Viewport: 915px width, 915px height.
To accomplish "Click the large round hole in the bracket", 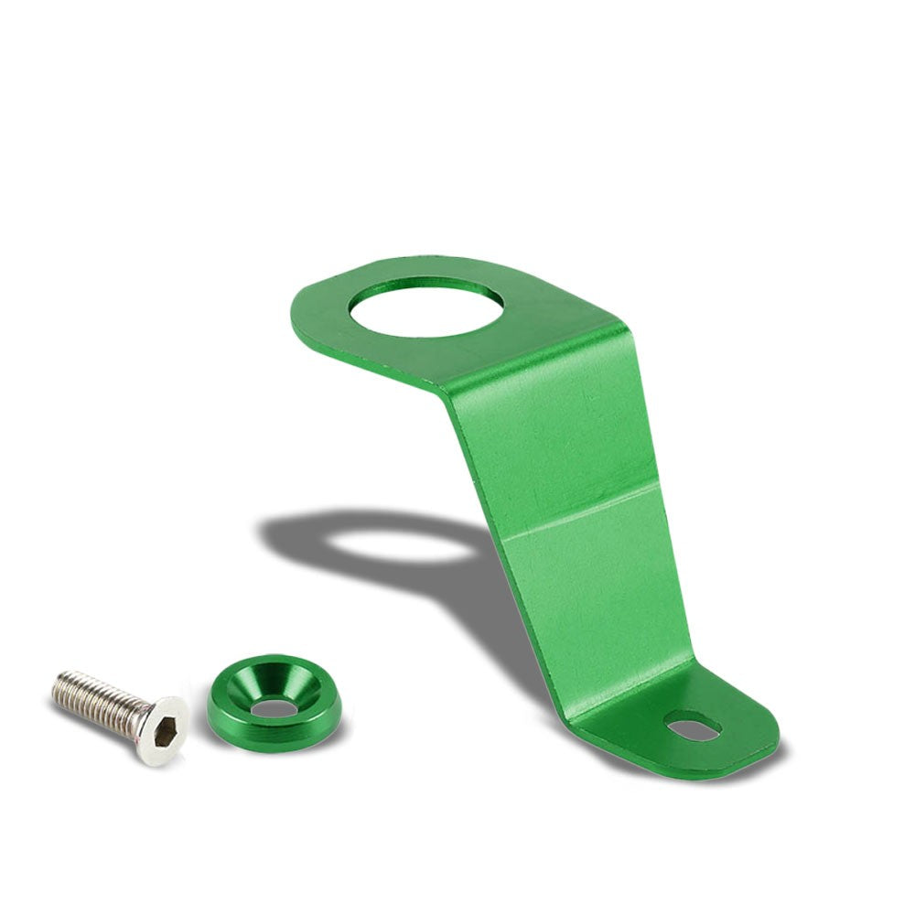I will (x=425, y=309).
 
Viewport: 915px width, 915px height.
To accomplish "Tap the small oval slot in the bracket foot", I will (x=694, y=728).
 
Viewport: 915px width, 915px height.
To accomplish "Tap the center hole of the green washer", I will (x=274, y=707).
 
